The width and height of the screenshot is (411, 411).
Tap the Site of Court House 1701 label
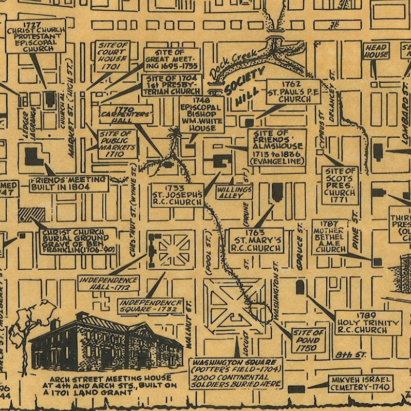[x=112, y=56]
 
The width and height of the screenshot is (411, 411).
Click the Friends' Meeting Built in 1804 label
[x=68, y=183]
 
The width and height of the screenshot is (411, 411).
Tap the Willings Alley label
[x=234, y=192]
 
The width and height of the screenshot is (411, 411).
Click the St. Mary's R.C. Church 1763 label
[x=256, y=240]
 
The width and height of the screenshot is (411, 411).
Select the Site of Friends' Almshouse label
[x=277, y=147]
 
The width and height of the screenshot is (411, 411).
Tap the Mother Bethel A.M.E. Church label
[x=330, y=237]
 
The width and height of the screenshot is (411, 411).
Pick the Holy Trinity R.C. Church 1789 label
[x=368, y=323]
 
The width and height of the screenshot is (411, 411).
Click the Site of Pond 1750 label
[x=308, y=340]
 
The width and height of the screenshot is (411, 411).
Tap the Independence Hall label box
[x=109, y=282]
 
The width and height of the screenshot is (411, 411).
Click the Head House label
[x=376, y=51]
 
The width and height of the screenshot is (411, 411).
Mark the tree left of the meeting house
[x=31, y=324]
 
